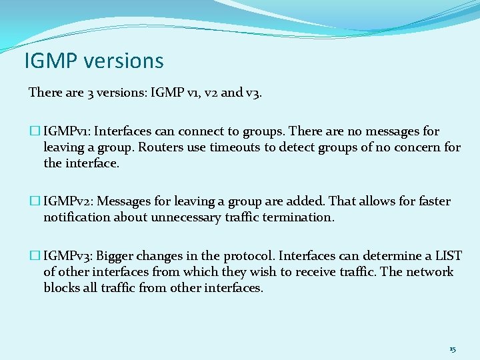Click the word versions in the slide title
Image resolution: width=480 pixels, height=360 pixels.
pyautogui.click(x=123, y=61)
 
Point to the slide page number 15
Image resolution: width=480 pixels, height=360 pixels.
pyautogui.click(x=453, y=349)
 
